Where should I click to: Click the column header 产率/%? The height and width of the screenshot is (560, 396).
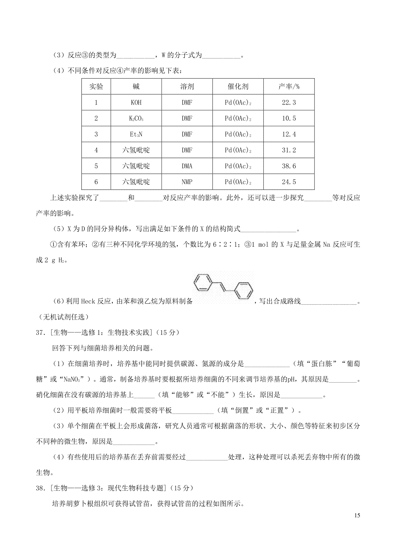289,87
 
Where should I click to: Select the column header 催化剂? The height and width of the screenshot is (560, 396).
238,87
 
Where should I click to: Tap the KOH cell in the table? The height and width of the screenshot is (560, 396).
136,103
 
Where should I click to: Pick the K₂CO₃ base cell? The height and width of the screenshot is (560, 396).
136,118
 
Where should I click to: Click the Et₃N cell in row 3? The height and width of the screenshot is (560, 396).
136,134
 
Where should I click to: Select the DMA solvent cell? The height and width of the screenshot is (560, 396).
187,166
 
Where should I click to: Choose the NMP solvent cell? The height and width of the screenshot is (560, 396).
187,182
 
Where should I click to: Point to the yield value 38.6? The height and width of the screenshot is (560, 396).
289,166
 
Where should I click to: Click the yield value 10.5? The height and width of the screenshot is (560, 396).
289,118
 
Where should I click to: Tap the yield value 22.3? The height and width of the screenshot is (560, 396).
289,103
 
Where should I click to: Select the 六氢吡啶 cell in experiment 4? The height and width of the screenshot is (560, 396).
136,150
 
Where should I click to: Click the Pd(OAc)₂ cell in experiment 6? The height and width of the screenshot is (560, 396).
238,182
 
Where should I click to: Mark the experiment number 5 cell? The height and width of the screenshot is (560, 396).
96,166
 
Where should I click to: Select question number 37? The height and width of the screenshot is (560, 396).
41,333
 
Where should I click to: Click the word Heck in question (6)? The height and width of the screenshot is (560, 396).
88,301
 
